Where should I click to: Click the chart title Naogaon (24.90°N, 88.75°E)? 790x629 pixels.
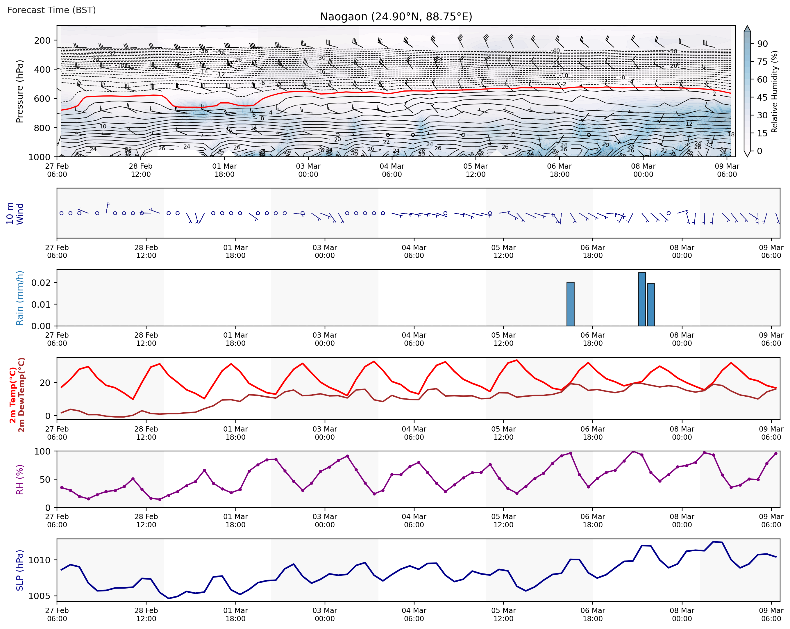396,17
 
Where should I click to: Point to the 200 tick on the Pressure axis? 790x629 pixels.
42,40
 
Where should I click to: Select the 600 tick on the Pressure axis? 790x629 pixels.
42,99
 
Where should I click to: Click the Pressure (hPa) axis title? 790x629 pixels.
20,91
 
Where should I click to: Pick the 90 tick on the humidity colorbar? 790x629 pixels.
762,44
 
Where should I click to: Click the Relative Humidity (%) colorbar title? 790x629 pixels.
775,91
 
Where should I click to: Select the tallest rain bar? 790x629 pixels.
642,299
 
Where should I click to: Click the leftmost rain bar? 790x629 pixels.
571,304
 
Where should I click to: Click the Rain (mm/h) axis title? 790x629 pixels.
20,298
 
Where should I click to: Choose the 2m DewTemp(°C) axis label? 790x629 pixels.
22,395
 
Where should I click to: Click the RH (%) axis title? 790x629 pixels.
20,480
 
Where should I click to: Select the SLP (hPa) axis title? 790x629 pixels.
20,570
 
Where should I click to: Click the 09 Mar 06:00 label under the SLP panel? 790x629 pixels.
771,614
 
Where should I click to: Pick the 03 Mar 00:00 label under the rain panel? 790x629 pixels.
325,339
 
